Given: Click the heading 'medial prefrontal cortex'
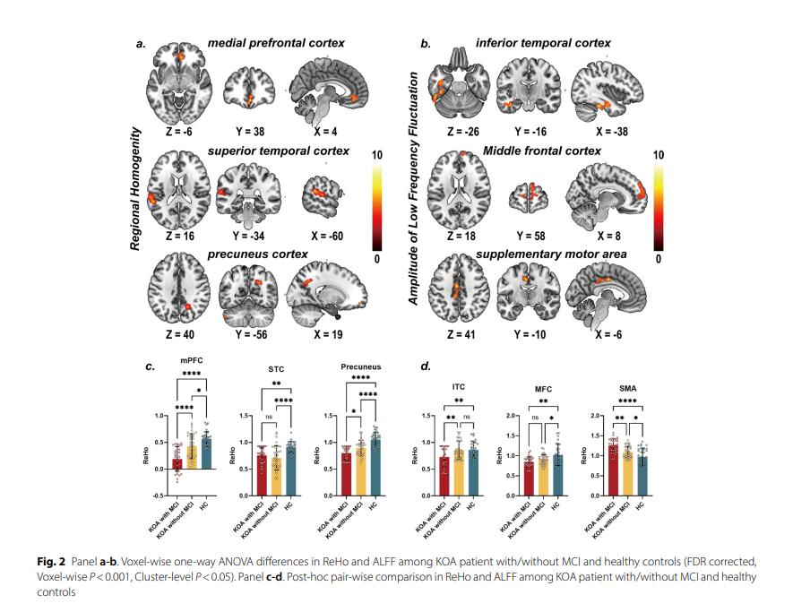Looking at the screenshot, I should tap(276, 42).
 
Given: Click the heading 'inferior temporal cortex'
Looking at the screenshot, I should tap(543, 42).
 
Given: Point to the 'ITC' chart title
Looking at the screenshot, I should tap(457, 388).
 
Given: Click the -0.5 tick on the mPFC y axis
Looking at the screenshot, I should tap(159, 495).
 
